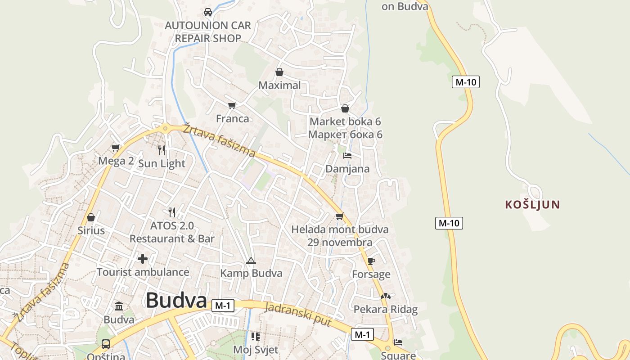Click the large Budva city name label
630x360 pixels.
176,301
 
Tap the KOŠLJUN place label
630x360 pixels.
532,205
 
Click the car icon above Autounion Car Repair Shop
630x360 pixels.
208,12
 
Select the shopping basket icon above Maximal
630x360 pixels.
279,72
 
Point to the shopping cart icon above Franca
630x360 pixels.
232,105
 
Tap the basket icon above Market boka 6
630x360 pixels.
345,108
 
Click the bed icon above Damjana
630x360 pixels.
347,156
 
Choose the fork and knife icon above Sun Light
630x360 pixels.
162,150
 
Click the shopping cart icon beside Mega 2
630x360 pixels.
116,148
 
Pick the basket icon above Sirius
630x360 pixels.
91,217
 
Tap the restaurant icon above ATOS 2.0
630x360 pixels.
172,212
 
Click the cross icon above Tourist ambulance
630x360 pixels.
143,259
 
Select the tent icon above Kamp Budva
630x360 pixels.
251,261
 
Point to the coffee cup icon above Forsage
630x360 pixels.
371,261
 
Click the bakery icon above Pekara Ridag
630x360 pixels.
386,296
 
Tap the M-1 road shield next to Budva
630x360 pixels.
223,306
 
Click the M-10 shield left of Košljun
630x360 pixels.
449,223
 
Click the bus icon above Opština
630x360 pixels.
106,344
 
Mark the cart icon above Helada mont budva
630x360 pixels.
340,216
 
